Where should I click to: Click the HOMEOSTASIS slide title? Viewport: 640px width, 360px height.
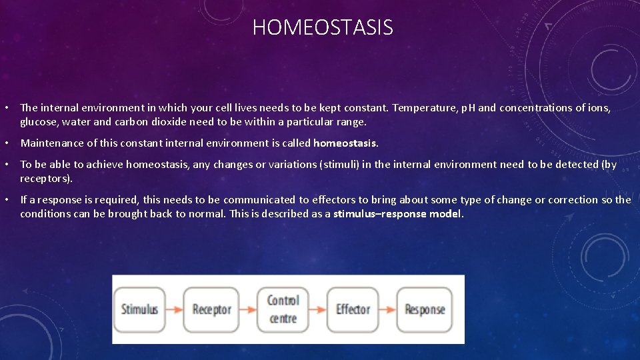(x=323, y=28)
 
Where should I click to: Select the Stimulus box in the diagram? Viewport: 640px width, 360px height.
(x=139, y=309)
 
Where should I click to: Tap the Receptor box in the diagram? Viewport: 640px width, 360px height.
(x=211, y=309)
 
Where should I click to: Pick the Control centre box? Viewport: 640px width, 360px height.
(x=283, y=309)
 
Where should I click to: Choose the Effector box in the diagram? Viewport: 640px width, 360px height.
(x=353, y=309)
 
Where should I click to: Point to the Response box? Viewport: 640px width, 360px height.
(x=425, y=309)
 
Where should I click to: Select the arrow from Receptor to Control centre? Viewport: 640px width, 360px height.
(x=247, y=309)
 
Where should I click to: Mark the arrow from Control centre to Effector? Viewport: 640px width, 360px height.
(x=318, y=309)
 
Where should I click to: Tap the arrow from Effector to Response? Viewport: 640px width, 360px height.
(x=389, y=309)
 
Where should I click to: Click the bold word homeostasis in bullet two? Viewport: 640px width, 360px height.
(x=345, y=143)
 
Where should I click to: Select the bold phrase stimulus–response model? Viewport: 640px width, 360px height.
(x=397, y=214)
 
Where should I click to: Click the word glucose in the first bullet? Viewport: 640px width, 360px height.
(x=39, y=122)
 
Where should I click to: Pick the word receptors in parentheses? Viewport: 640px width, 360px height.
(x=45, y=179)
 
